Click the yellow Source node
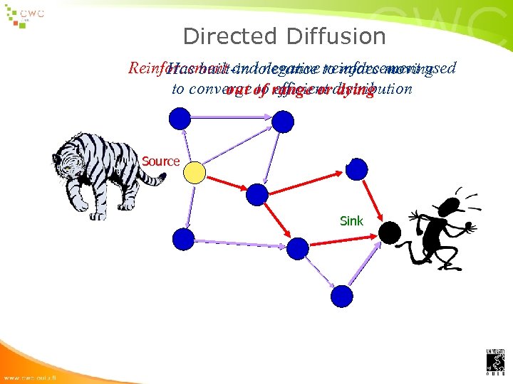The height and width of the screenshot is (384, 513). point(194,172)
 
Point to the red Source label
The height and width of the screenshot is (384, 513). point(160,161)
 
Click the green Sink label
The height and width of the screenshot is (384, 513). point(351,221)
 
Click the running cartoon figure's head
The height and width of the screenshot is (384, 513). point(451,207)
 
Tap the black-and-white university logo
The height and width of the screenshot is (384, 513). point(495,362)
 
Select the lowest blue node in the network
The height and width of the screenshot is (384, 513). point(342,296)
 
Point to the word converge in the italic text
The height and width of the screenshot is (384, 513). point(213,90)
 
